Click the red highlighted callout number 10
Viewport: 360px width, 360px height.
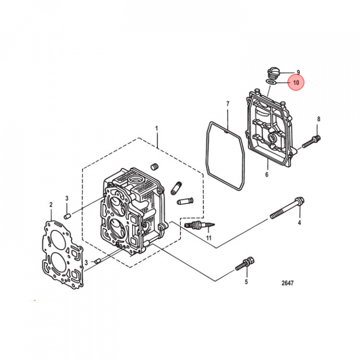(x=296, y=82)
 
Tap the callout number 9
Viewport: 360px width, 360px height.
(x=298, y=72)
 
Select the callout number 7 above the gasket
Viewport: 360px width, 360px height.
(x=227, y=104)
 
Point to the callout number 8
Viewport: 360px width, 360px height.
(x=318, y=119)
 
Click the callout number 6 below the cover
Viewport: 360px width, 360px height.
(x=266, y=174)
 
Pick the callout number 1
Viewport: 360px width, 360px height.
(x=156, y=128)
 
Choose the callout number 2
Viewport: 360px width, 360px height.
(x=51, y=204)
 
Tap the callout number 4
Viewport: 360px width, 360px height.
(x=299, y=222)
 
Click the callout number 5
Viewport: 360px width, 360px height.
(x=246, y=281)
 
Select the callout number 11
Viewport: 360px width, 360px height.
(x=208, y=237)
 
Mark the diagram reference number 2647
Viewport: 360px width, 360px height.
(x=287, y=283)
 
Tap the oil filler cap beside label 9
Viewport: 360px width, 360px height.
(x=273, y=73)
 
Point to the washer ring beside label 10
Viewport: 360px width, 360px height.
(x=271, y=82)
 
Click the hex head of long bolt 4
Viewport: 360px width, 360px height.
(x=299, y=201)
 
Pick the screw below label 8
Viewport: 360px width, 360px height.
(x=311, y=141)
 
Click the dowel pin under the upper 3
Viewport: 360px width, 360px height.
(x=67, y=216)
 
